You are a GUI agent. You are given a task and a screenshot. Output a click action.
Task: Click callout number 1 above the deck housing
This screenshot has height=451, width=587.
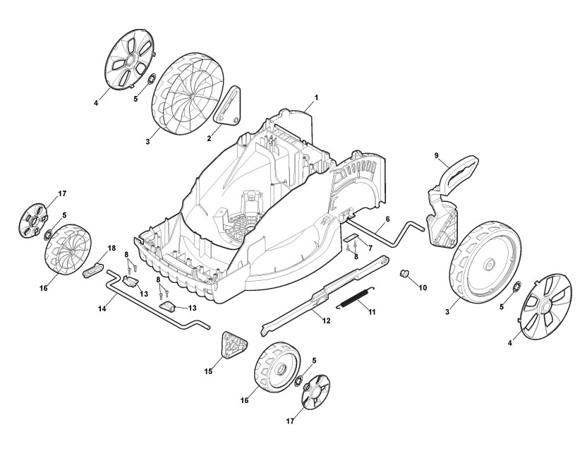pyautogui.click(x=316, y=97)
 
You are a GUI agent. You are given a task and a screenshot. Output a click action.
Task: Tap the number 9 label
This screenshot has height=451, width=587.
pyautogui.click(x=436, y=155)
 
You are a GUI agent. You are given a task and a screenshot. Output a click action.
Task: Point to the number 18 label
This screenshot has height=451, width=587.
pyautogui.click(x=111, y=248)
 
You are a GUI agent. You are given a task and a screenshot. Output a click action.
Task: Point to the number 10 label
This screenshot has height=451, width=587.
pyautogui.click(x=423, y=287)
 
